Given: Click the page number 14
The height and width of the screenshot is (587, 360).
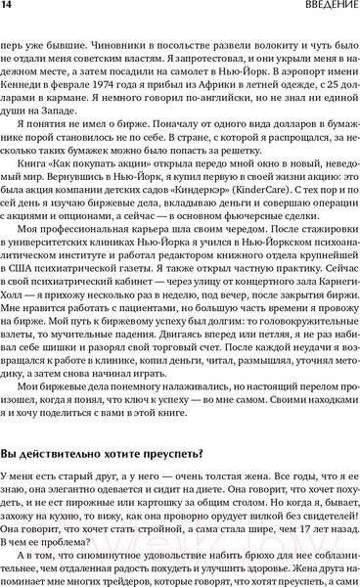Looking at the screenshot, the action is (9, 8).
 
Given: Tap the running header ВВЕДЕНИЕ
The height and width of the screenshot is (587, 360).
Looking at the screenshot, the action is (320, 8).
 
